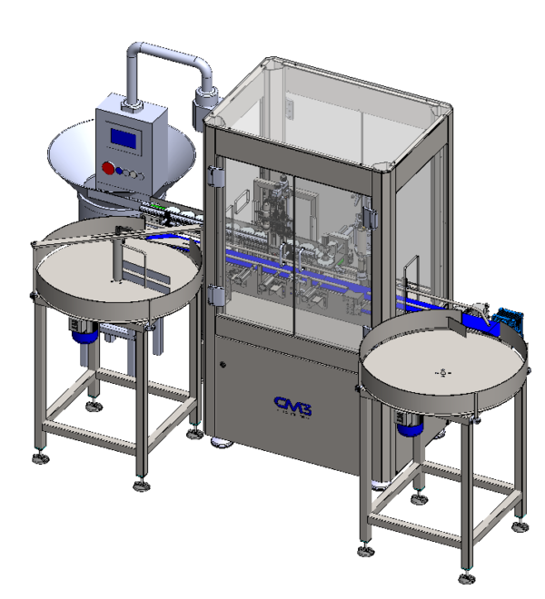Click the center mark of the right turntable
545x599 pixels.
click(441, 371)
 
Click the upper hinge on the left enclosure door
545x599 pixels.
click(215, 176)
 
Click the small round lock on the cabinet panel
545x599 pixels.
click(223, 365)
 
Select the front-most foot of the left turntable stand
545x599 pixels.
click(142, 486)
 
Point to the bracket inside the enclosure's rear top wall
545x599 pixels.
click(290, 109)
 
